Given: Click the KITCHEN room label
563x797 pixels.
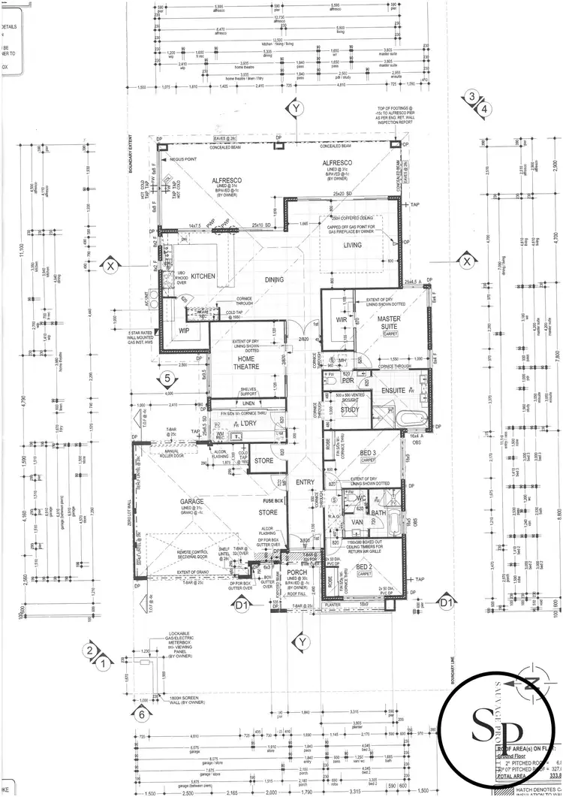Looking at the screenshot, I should tap(203, 276).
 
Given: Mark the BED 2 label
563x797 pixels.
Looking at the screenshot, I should tap(364, 566).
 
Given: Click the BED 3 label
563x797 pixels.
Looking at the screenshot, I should tap(367, 453).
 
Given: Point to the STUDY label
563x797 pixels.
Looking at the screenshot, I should tap(349, 410).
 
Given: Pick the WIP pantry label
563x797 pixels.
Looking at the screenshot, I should tap(184, 330).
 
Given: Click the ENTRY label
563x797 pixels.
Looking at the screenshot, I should tap(306, 482).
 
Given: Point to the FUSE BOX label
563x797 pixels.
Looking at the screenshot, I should tap(272, 500).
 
